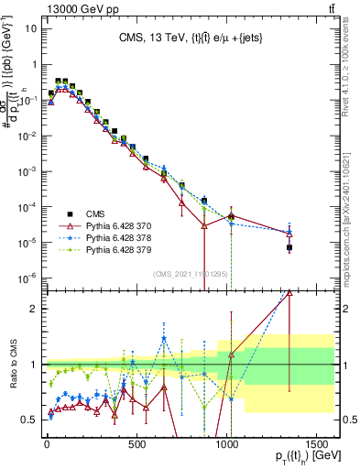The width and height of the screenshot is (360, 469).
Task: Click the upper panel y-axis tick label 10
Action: [31, 27]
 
